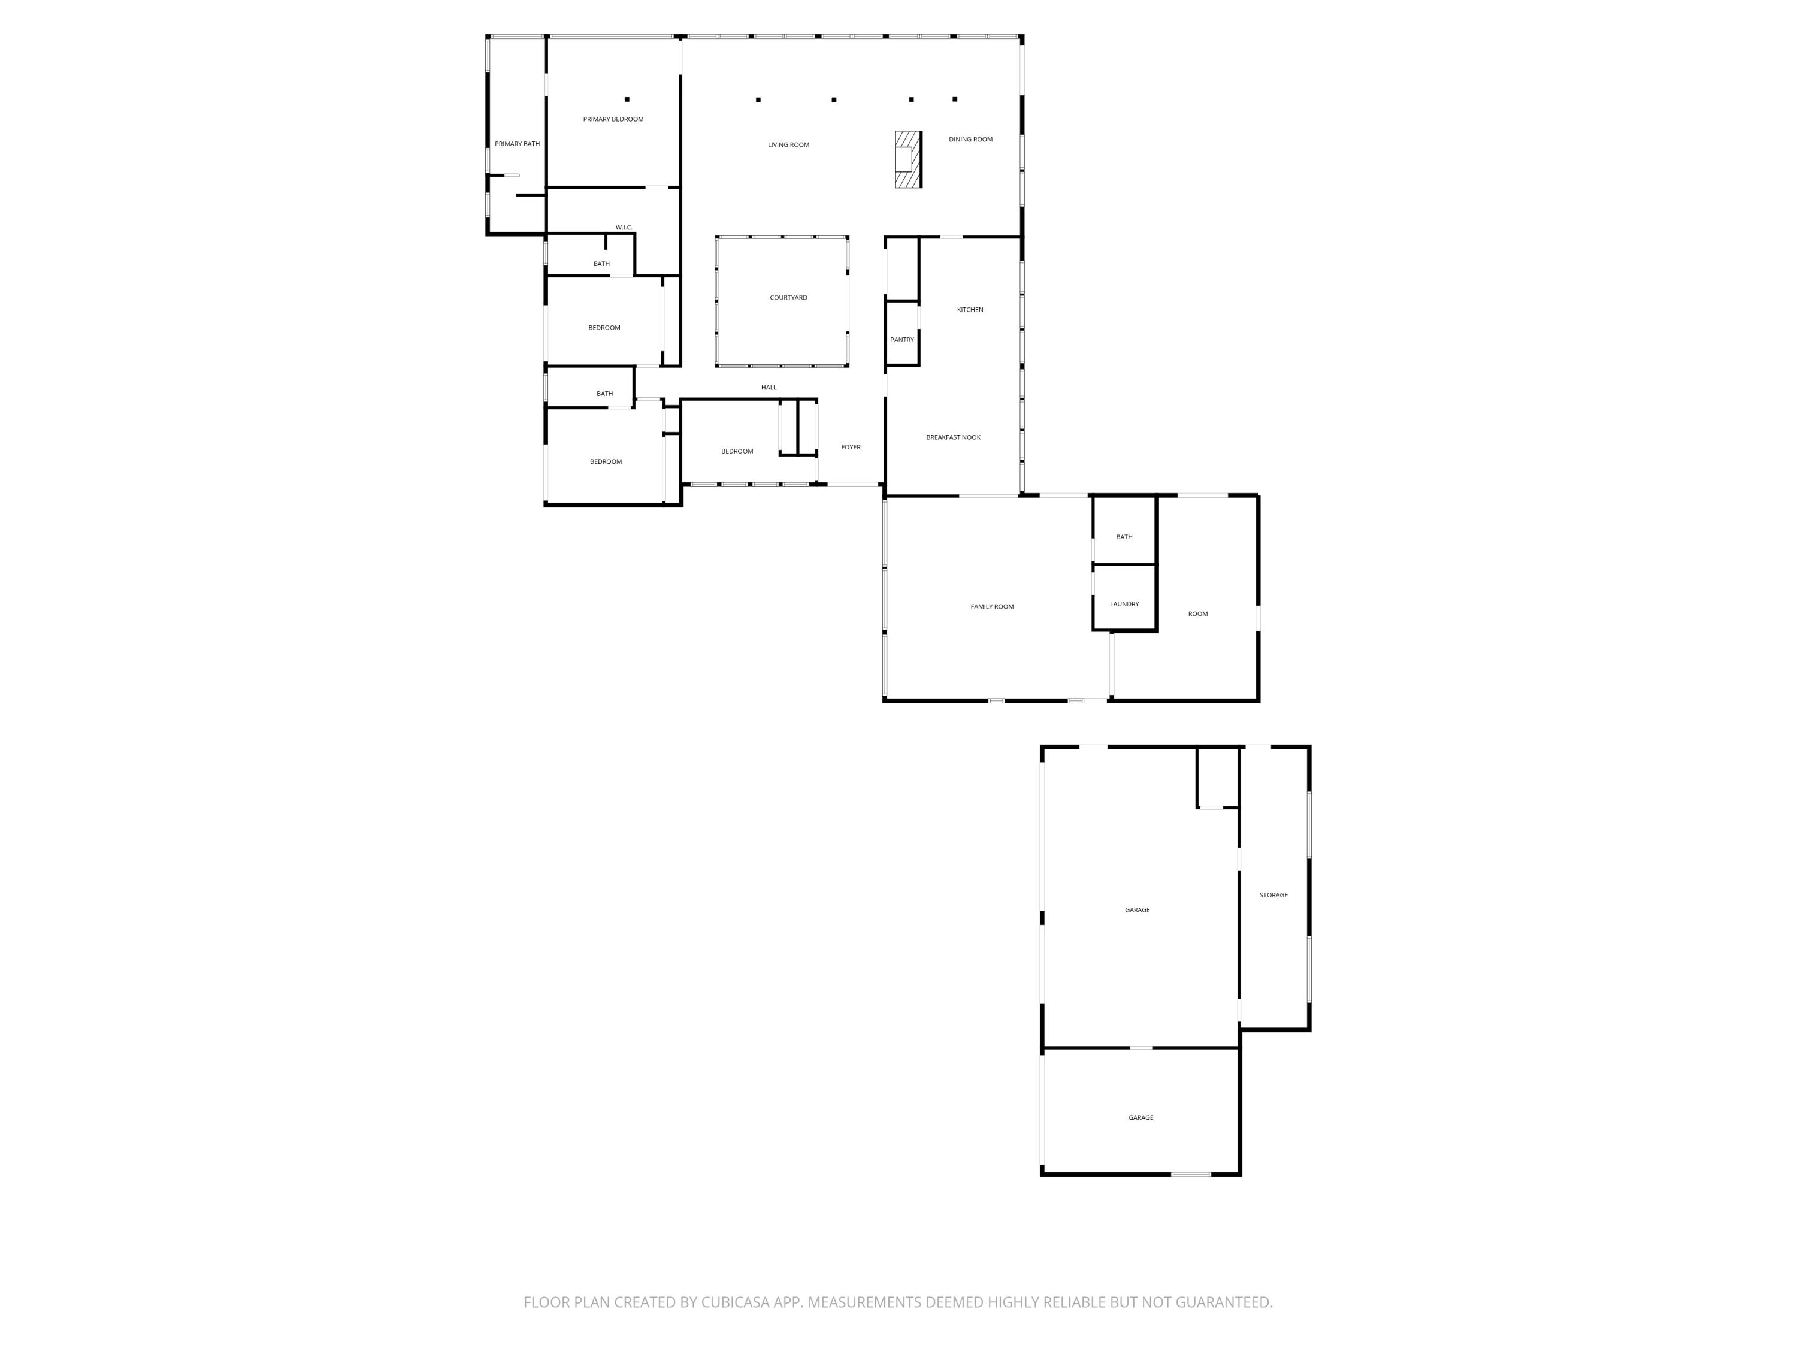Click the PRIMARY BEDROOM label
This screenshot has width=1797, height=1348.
tap(613, 119)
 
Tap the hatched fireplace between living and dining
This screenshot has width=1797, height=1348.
tap(907, 159)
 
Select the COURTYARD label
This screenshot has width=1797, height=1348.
tap(788, 297)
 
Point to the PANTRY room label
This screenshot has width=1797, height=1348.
tap(901, 340)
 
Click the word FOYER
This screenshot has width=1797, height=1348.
tap(851, 447)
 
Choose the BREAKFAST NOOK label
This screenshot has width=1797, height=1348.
tap(953, 437)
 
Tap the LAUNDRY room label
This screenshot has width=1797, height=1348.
tap(1124, 604)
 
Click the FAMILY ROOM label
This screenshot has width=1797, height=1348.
tap(992, 607)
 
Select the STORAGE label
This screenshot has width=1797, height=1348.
tap(1273, 894)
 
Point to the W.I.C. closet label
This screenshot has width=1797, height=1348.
tap(623, 228)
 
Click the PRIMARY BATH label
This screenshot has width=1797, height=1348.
tap(517, 144)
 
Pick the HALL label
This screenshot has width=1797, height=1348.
tap(769, 388)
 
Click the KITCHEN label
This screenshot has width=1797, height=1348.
tap(969, 310)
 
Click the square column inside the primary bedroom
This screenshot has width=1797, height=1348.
tap(627, 99)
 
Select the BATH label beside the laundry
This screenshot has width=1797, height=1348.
tap(1124, 537)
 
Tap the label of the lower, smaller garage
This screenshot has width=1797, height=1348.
tap(1140, 1117)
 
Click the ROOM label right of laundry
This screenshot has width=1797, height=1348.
tap(1197, 613)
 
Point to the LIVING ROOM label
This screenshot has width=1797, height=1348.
tap(788, 144)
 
